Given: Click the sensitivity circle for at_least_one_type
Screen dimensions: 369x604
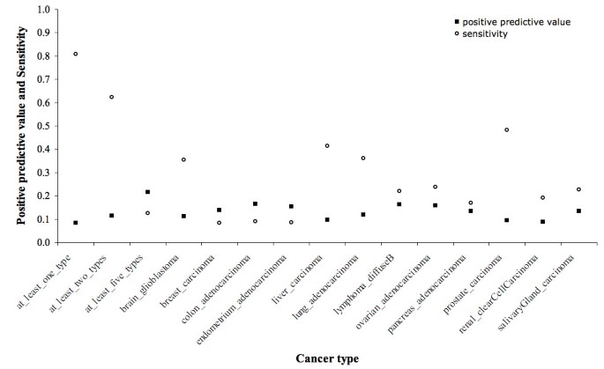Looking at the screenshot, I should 76,54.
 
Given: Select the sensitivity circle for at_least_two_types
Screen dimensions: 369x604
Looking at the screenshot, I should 112,97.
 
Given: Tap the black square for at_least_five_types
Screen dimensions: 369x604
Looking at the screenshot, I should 147,192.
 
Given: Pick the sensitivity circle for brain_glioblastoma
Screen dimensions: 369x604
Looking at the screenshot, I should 183,159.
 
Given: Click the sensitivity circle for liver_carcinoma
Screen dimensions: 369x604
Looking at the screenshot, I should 327,145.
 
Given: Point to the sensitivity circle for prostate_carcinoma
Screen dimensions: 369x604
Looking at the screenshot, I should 506,129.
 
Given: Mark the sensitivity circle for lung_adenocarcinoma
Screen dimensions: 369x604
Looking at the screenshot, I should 362,159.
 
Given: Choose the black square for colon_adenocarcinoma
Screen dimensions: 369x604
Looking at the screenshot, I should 255,203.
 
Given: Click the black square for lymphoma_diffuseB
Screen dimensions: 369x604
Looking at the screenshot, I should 399,204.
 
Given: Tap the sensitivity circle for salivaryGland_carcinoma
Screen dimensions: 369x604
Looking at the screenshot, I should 578,189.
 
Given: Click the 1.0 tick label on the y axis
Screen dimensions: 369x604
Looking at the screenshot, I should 42,10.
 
